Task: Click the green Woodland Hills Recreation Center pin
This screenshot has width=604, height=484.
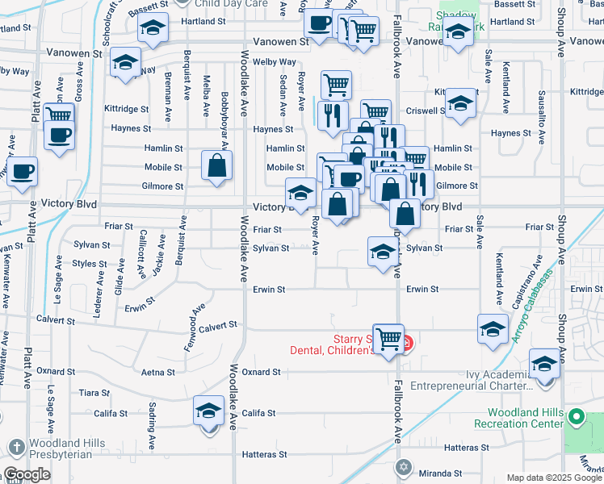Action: (576, 417)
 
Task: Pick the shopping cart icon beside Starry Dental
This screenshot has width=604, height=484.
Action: (389, 339)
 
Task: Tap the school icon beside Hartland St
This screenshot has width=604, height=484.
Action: (151, 29)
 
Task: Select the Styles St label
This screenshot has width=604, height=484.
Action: (90, 264)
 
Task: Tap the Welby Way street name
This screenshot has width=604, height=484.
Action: (275, 62)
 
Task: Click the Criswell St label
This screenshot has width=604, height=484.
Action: (426, 111)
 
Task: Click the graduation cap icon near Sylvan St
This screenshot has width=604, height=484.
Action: (382, 252)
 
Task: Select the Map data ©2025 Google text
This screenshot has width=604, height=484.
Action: (553, 478)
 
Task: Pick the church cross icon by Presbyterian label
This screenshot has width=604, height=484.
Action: (16, 447)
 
